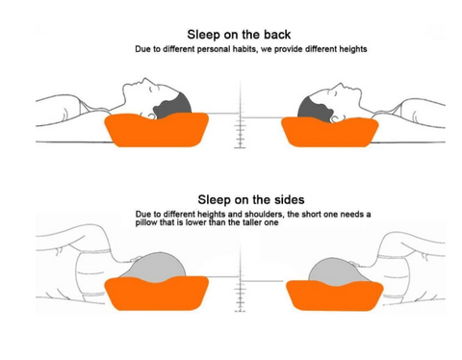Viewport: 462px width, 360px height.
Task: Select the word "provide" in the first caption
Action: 290,48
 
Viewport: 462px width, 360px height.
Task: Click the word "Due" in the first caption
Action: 143,48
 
